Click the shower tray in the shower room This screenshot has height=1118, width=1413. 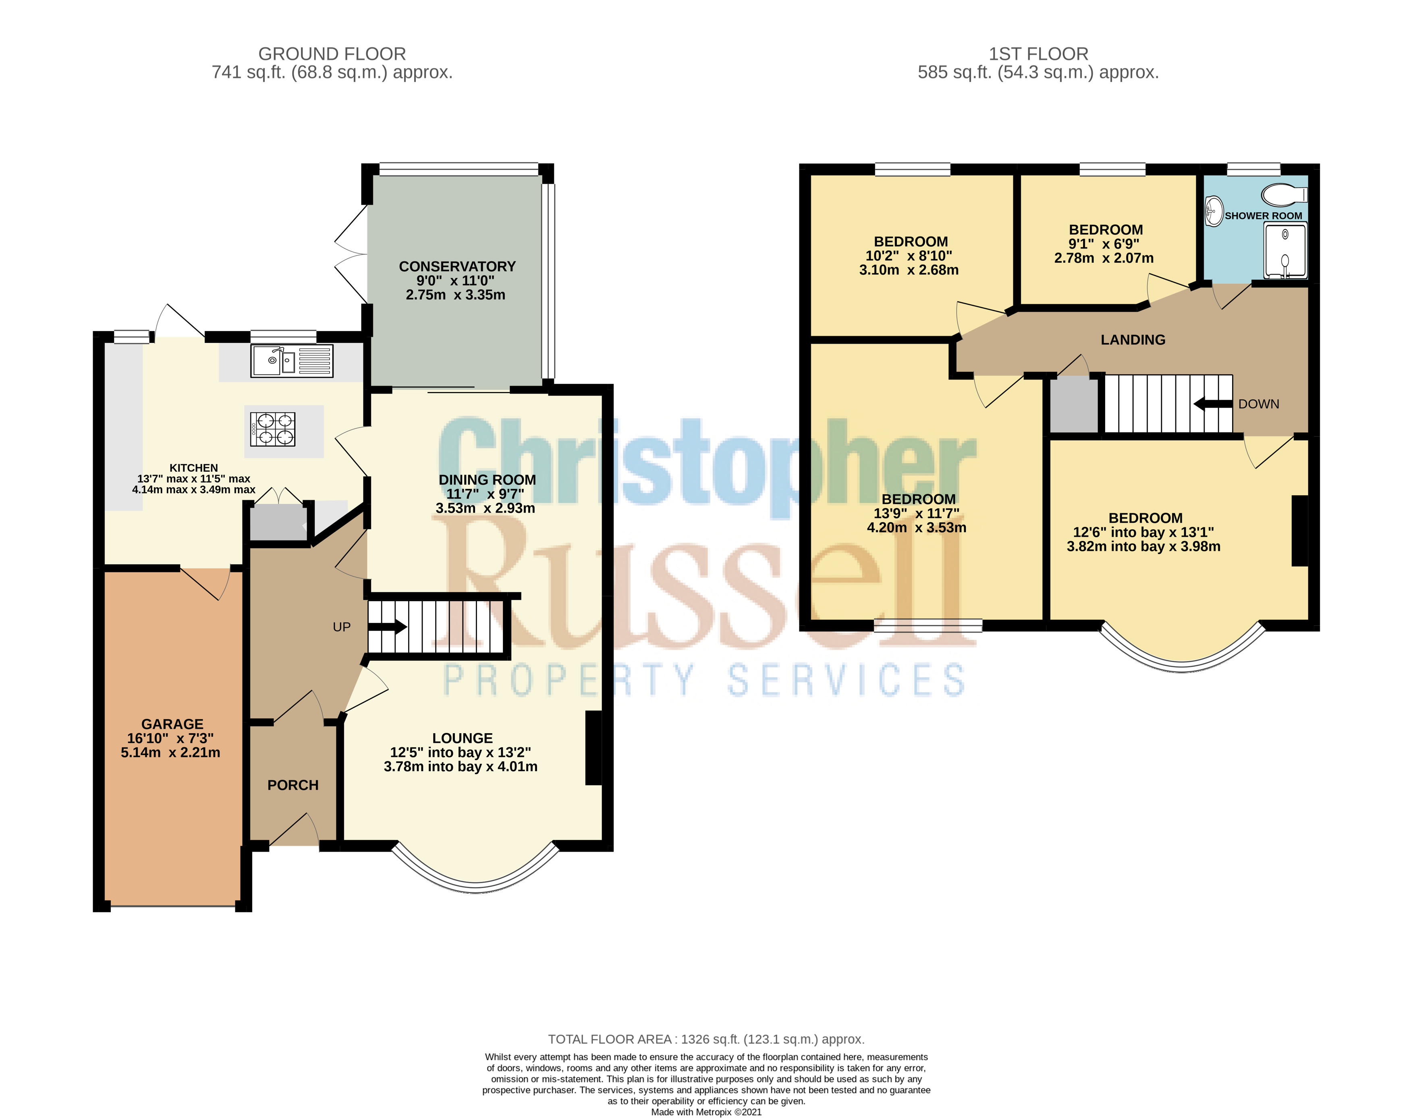point(1285,251)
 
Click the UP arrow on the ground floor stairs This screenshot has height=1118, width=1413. point(388,627)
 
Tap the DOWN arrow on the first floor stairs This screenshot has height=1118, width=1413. point(1214,404)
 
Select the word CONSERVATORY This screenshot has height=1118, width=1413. point(457,266)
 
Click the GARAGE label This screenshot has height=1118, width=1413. point(172,724)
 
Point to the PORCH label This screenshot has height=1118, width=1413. point(293,785)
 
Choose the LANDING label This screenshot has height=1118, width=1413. point(1133,340)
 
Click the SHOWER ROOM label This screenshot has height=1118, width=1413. point(1263,216)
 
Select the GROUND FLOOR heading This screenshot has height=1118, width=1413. point(332,54)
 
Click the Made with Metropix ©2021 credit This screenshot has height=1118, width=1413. point(706,1112)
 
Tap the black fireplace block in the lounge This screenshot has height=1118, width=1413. point(593,747)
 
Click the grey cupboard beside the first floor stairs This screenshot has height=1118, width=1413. point(1075,406)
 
